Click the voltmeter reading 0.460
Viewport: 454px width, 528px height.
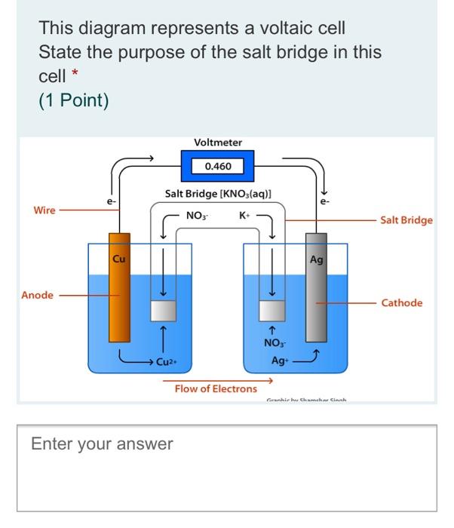(218, 166)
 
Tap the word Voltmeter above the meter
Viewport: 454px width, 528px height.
(218, 143)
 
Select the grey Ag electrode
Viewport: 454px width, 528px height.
(316, 297)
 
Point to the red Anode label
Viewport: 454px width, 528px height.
(37, 295)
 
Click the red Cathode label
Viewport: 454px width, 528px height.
(402, 303)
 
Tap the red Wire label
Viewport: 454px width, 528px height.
(44, 210)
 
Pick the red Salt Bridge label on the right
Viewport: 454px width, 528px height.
(406, 220)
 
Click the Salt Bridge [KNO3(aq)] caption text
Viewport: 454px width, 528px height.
(218, 195)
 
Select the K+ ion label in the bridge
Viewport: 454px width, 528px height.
(244, 216)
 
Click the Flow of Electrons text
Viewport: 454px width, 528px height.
(216, 389)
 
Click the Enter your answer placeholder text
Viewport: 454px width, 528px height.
(102, 444)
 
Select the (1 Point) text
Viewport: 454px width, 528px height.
(74, 100)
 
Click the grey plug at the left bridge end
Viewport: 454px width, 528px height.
(163, 311)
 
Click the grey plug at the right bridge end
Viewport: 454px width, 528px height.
(271, 311)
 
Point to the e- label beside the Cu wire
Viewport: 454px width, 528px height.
(111, 201)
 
